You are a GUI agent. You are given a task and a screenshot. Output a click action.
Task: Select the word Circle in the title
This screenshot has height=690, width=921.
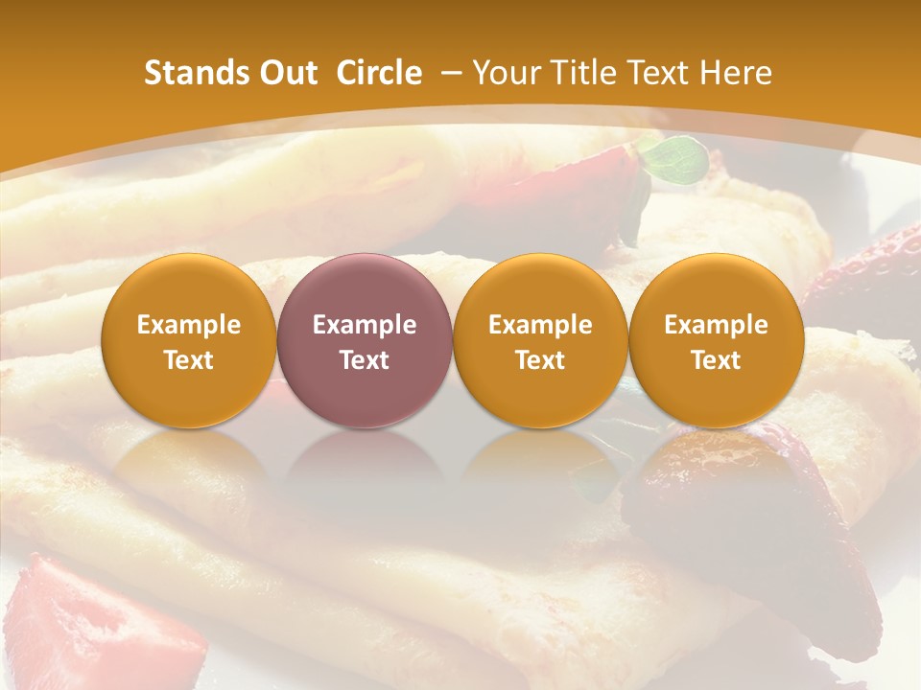point(379,73)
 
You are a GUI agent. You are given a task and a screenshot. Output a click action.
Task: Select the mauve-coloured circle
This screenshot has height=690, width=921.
point(365,340)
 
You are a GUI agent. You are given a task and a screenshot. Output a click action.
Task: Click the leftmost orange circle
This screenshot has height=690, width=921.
point(188,340)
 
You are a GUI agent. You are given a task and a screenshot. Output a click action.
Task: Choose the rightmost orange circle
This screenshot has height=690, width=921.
point(716,340)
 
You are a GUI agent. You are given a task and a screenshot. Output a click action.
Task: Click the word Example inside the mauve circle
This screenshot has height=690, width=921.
point(365,325)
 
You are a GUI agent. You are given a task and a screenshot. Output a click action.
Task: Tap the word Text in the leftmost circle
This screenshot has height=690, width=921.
point(188,360)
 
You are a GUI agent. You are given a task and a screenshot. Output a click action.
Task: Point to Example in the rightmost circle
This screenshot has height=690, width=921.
point(716,325)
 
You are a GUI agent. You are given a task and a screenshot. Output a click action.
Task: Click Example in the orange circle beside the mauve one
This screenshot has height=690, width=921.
point(540,325)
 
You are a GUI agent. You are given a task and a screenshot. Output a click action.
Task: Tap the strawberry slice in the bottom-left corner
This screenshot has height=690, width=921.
point(86,623)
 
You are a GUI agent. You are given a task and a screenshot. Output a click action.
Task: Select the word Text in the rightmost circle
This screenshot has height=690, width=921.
point(716,360)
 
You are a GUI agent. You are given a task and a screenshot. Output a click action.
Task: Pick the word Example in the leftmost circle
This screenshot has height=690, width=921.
point(188,325)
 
